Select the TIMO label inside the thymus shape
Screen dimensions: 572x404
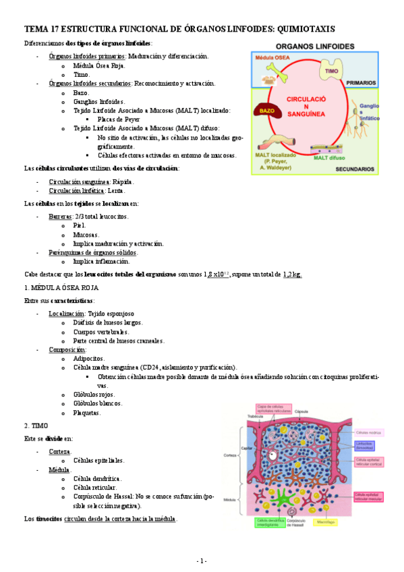pyautogui.click(x=331, y=70)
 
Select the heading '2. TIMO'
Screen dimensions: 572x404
pyautogui.click(x=36, y=425)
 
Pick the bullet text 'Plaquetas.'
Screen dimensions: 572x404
pyautogui.click(x=87, y=413)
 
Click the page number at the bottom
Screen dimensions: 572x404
pyautogui.click(x=202, y=561)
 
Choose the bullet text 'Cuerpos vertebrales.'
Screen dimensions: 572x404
pyautogui.click(x=102, y=332)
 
